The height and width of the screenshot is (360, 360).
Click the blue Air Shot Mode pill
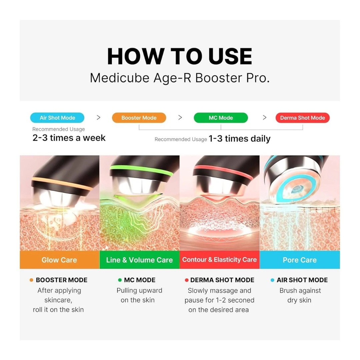[57, 118]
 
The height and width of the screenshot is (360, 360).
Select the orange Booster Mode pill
[139, 118]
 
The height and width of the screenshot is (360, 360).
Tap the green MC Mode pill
[221, 118]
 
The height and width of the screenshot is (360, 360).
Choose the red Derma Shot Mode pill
[303, 118]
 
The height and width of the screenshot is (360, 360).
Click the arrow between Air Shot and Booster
[98, 118]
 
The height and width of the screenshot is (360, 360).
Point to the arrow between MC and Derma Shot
[264, 118]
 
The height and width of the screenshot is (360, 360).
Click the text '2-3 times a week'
[69, 138]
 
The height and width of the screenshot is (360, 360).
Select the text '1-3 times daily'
[239, 139]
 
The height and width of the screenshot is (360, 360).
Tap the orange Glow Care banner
[59, 260]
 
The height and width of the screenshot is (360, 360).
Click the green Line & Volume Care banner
[139, 260]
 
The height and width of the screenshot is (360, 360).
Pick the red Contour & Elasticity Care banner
[219, 260]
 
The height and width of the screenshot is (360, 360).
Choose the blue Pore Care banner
[300, 260]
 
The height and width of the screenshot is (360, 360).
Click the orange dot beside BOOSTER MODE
[31, 280]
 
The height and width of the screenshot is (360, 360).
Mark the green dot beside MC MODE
[120, 280]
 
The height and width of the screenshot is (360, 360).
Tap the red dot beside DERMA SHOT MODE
[187, 280]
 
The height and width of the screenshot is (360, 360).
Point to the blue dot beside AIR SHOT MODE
[272, 280]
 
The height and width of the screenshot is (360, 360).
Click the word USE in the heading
[230, 56]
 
